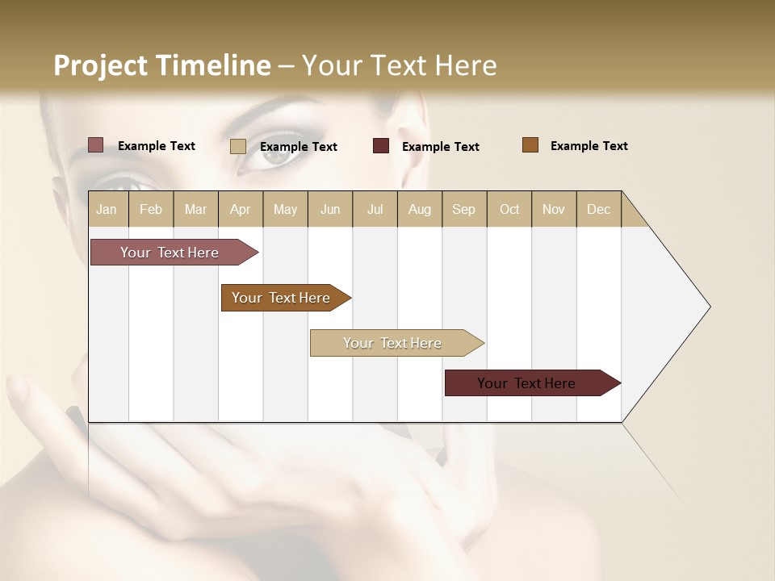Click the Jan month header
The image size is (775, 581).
(x=107, y=209)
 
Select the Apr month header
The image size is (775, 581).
(x=240, y=209)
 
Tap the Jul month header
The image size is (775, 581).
(x=375, y=209)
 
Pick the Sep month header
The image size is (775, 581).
(x=463, y=209)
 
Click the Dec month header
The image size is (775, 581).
(x=598, y=209)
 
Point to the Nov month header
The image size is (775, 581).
(x=553, y=209)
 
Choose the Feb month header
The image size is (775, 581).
(x=151, y=209)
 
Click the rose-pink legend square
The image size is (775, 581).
(x=96, y=145)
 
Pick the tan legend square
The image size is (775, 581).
(x=238, y=146)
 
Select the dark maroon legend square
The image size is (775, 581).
(x=381, y=146)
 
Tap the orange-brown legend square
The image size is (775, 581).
(x=530, y=145)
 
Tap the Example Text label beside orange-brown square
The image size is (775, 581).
(x=589, y=145)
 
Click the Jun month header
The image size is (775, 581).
(x=330, y=209)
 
